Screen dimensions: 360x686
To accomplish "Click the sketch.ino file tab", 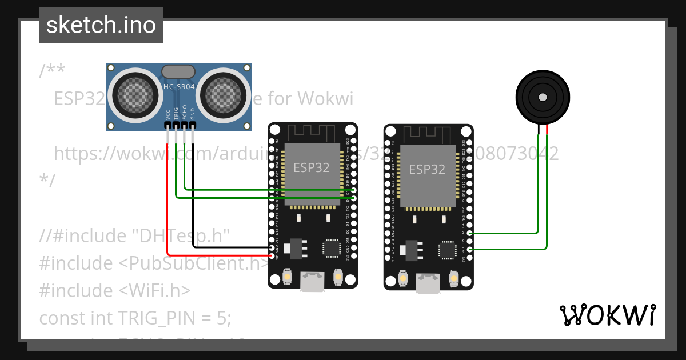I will (x=101, y=25).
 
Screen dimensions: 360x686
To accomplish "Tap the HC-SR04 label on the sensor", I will (x=180, y=87).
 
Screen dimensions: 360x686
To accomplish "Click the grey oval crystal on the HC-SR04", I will (x=178, y=71).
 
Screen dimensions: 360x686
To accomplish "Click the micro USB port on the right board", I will (x=428, y=281).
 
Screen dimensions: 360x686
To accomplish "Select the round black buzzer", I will (x=543, y=97).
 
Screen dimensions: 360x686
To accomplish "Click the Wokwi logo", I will (x=608, y=315).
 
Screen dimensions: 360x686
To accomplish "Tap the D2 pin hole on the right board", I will (x=470, y=233).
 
